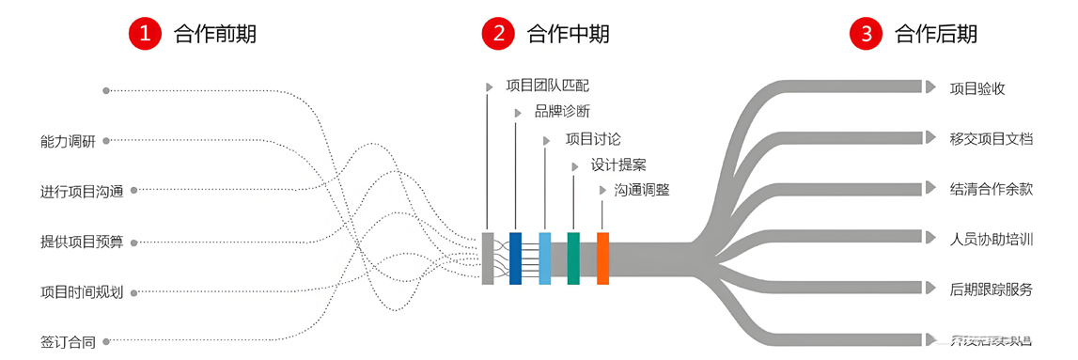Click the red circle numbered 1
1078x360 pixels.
(144, 34)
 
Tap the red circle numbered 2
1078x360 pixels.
(497, 34)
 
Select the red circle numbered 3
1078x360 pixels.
(866, 34)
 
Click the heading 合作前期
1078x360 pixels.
(215, 34)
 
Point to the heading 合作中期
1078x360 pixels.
(568, 34)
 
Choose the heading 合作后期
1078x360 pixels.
(936, 34)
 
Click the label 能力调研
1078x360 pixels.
(68, 141)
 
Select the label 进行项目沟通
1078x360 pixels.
(82, 191)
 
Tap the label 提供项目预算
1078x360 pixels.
(82, 242)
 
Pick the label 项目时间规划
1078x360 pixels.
(82, 292)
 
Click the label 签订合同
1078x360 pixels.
(68, 342)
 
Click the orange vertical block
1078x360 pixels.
(603, 258)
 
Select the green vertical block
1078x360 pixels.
(573, 258)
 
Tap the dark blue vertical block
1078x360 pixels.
(515, 258)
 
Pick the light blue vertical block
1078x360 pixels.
(545, 258)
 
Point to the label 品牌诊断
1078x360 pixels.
(562, 112)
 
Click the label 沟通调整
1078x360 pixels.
(642, 190)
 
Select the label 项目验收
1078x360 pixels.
(977, 88)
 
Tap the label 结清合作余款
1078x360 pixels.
(992, 188)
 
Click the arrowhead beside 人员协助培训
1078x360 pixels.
(930, 238)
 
